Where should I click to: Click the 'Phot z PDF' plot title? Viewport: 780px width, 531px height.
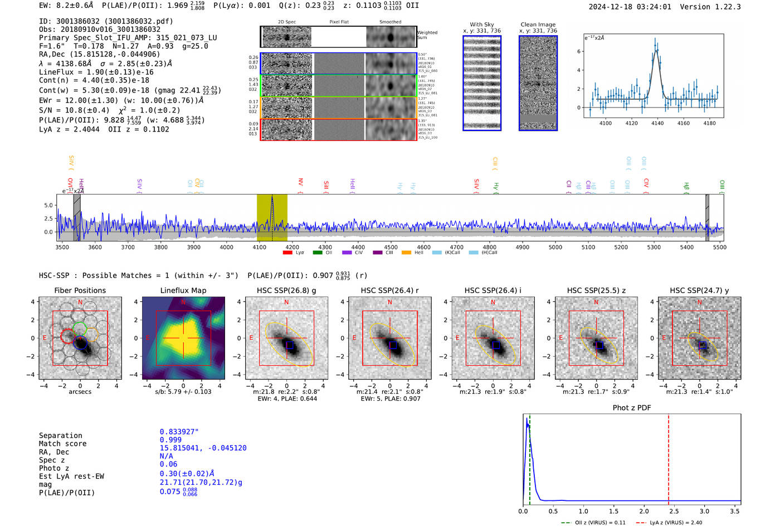coord(631,408)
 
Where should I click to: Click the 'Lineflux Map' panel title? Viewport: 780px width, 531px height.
coord(183,290)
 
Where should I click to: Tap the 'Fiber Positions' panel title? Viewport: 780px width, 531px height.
coord(80,290)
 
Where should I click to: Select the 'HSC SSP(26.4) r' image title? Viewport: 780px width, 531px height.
coord(389,290)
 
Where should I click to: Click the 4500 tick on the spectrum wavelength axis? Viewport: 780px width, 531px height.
coord(391,247)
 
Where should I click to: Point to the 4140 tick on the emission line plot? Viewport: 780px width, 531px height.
coord(657,123)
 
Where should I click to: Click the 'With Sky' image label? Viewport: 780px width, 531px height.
coord(481,25)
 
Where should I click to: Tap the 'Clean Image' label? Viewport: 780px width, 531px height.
coord(538,25)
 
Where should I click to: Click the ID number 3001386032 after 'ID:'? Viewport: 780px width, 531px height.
coord(77,21)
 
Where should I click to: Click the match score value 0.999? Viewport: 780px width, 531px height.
coord(170,440)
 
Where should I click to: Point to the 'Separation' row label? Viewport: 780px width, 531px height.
coord(60,436)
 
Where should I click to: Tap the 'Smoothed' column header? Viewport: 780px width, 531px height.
coord(390,22)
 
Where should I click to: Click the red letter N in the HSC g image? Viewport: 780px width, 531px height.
coord(286,303)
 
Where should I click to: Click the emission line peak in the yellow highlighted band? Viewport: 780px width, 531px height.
coord(272,198)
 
